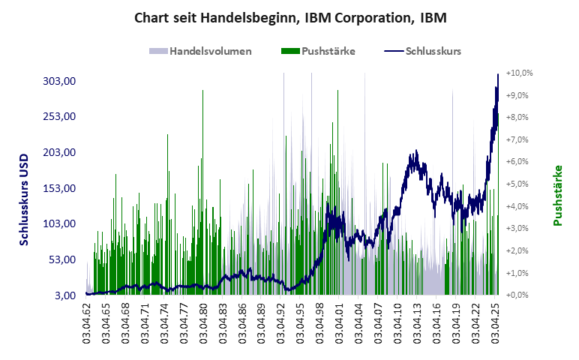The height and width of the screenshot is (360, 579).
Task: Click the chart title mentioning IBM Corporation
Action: click(x=289, y=17)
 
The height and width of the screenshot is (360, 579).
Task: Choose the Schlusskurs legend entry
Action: click(x=423, y=52)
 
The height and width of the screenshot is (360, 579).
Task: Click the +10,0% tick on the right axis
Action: click(x=519, y=73)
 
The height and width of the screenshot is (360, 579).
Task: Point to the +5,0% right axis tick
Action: click(x=519, y=184)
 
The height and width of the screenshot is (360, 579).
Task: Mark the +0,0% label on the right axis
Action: click(x=519, y=295)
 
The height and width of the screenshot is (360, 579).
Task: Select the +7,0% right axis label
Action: click(x=519, y=140)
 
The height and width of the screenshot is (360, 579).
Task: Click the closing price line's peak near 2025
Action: click(x=498, y=75)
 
